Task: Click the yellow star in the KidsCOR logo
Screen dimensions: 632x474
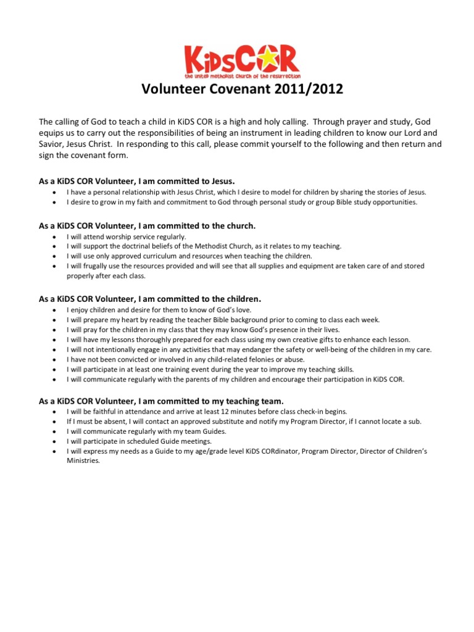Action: [272, 60]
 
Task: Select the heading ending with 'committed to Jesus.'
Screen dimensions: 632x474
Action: [137, 181]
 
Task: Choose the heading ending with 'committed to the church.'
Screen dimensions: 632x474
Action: [147, 226]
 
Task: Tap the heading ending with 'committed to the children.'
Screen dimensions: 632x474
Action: [150, 299]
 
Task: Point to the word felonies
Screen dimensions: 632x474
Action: [236, 359]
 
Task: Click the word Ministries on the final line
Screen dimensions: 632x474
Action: [83, 460]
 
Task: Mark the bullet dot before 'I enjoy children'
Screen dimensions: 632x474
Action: [55, 310]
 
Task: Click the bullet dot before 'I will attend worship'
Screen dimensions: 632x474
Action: [55, 236]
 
